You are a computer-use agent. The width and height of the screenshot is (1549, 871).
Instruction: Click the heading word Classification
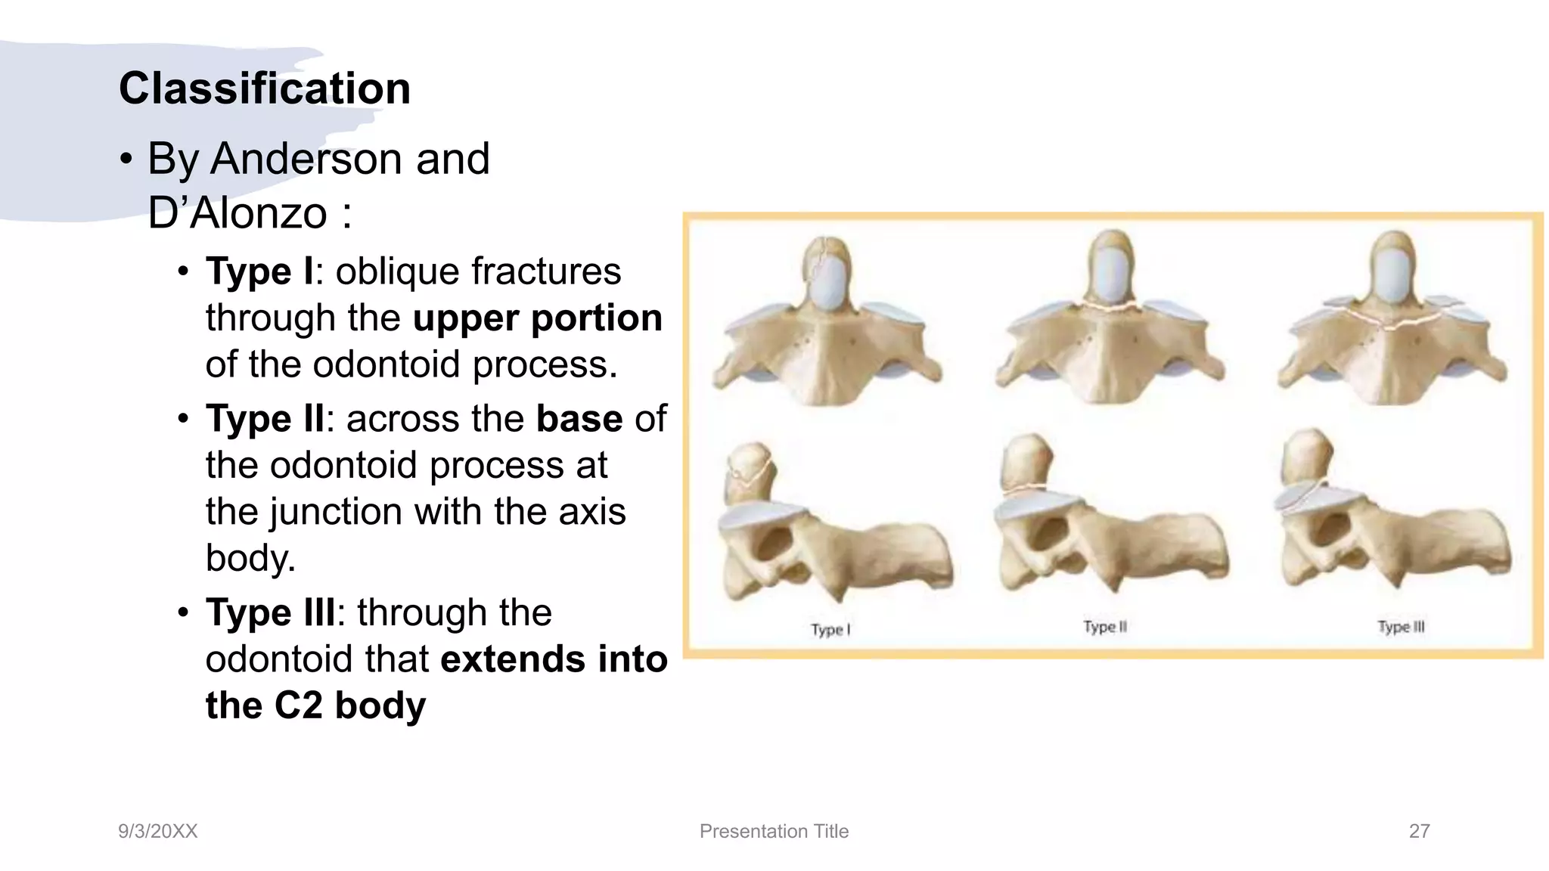[x=265, y=88]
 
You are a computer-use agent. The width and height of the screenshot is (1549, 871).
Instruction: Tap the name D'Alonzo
[x=237, y=213]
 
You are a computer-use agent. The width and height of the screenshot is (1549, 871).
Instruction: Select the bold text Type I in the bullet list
[x=259, y=271]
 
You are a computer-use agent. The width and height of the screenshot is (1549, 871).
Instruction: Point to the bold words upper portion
[x=538, y=318]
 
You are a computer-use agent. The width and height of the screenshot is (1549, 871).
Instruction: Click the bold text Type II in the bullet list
[x=264, y=419]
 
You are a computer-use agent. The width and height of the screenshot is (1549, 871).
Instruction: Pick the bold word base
[x=579, y=419]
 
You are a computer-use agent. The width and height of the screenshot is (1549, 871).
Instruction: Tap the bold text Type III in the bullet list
[x=270, y=612]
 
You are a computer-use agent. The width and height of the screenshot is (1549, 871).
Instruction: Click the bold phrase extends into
[x=554, y=659]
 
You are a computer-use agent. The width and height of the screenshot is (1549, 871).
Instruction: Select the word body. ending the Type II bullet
[x=250, y=558]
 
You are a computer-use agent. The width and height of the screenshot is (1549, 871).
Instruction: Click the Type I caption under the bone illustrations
[x=830, y=629]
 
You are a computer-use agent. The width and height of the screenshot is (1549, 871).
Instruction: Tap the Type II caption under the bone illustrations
[x=1105, y=627]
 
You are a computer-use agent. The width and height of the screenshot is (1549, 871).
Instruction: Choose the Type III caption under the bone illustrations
[x=1401, y=627]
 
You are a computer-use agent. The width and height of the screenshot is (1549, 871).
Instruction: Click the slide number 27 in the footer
[x=1419, y=831]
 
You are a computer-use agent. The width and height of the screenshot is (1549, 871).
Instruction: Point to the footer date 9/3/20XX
[x=157, y=831]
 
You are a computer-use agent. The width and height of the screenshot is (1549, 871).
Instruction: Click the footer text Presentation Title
[x=774, y=831]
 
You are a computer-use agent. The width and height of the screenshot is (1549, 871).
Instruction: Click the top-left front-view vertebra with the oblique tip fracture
[x=827, y=325]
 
